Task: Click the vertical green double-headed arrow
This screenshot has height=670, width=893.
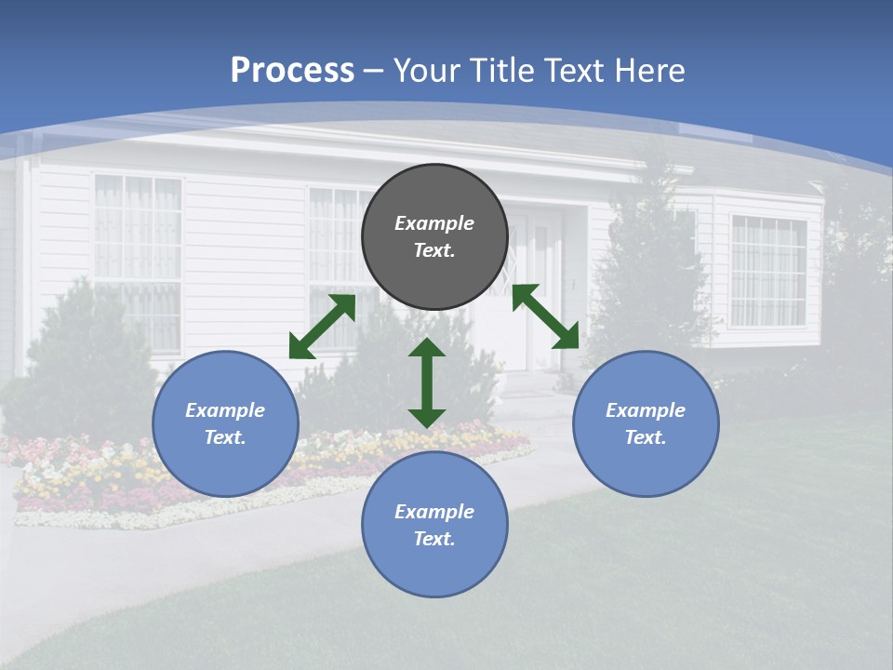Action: pos(427,382)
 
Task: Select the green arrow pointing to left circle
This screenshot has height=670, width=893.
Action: pos(323,327)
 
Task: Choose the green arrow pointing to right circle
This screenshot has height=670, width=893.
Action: pos(546,316)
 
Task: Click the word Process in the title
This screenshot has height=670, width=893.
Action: pos(292,70)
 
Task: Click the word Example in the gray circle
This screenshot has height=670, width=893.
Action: pos(434,223)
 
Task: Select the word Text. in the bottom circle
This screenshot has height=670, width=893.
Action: pos(434,539)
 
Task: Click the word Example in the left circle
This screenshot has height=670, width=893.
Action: pos(225,410)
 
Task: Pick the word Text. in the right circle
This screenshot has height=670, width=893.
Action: pos(646,437)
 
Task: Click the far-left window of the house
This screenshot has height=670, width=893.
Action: pos(138,261)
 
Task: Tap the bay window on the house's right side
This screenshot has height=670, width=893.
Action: pos(767,270)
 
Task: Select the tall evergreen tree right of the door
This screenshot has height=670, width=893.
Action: pos(651,270)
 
